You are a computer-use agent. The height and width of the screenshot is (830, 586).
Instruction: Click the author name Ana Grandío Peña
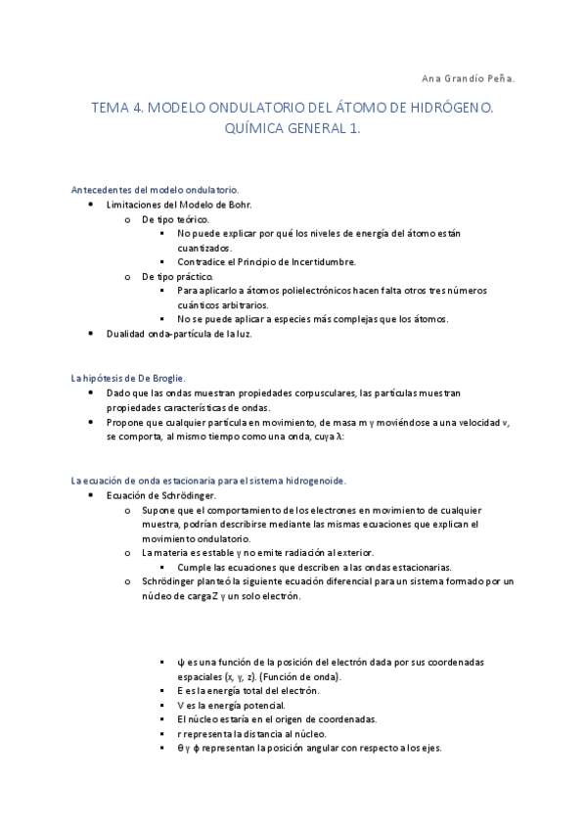tap(465, 77)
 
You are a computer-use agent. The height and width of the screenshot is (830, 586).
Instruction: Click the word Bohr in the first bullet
tap(239, 205)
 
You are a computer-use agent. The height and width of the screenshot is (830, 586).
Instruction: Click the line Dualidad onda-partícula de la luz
tap(180, 334)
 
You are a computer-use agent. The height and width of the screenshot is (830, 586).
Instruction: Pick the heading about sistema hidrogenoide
tap(208, 481)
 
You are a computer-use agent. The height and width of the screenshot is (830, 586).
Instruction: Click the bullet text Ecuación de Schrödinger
tap(161, 495)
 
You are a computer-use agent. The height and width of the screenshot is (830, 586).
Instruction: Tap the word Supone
tap(159, 510)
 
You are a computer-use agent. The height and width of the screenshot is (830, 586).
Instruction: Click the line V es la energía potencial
tap(232, 705)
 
